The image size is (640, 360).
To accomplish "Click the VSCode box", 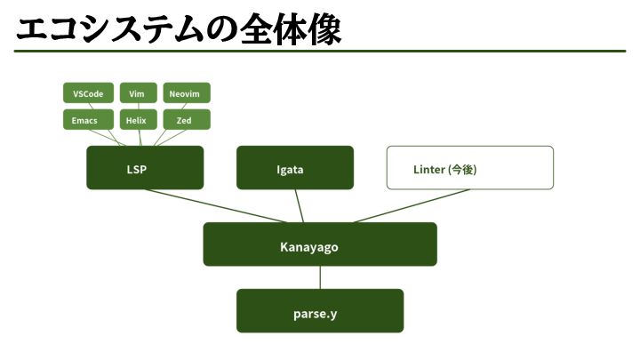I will [x=89, y=93].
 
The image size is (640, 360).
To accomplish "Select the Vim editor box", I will [x=137, y=93].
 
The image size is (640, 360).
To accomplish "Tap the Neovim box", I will [x=187, y=93].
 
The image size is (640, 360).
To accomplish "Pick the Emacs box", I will [x=89, y=120].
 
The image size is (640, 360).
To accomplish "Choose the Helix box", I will [x=137, y=120].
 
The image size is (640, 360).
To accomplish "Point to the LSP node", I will [x=145, y=168].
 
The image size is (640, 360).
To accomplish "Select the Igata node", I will [x=294, y=168].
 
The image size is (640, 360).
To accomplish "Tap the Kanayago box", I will [x=320, y=244].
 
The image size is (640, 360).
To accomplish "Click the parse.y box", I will [x=320, y=311].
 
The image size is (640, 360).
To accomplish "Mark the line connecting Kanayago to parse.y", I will [x=320, y=277].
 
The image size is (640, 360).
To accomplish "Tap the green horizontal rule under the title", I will [x=320, y=52].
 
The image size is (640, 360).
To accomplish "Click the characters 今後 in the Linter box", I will [x=463, y=168].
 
